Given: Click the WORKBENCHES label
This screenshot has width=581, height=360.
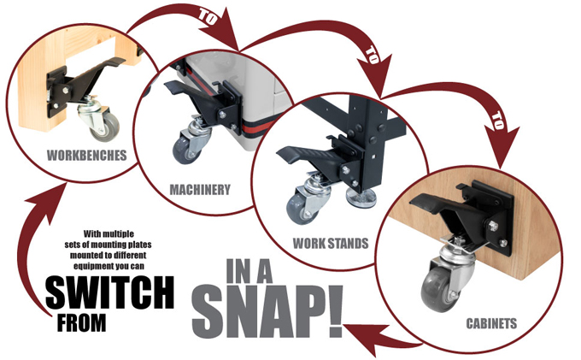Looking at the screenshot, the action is point(86,155).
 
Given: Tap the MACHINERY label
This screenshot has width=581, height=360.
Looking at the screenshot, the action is point(200,190).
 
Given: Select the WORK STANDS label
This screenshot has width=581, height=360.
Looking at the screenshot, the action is point(331,243).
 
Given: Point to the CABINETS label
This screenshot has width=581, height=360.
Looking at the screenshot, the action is point(491,323).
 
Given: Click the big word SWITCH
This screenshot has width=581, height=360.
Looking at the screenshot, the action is point(109,292).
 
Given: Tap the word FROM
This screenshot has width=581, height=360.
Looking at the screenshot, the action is point(81,323).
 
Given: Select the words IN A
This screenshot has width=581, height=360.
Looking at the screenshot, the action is point(249,271).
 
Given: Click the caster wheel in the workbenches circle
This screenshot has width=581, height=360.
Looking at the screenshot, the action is point(104,127).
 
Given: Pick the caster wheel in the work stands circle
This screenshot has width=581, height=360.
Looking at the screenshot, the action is point(299,208).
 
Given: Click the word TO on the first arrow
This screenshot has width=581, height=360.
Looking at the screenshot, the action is point(208,17).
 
